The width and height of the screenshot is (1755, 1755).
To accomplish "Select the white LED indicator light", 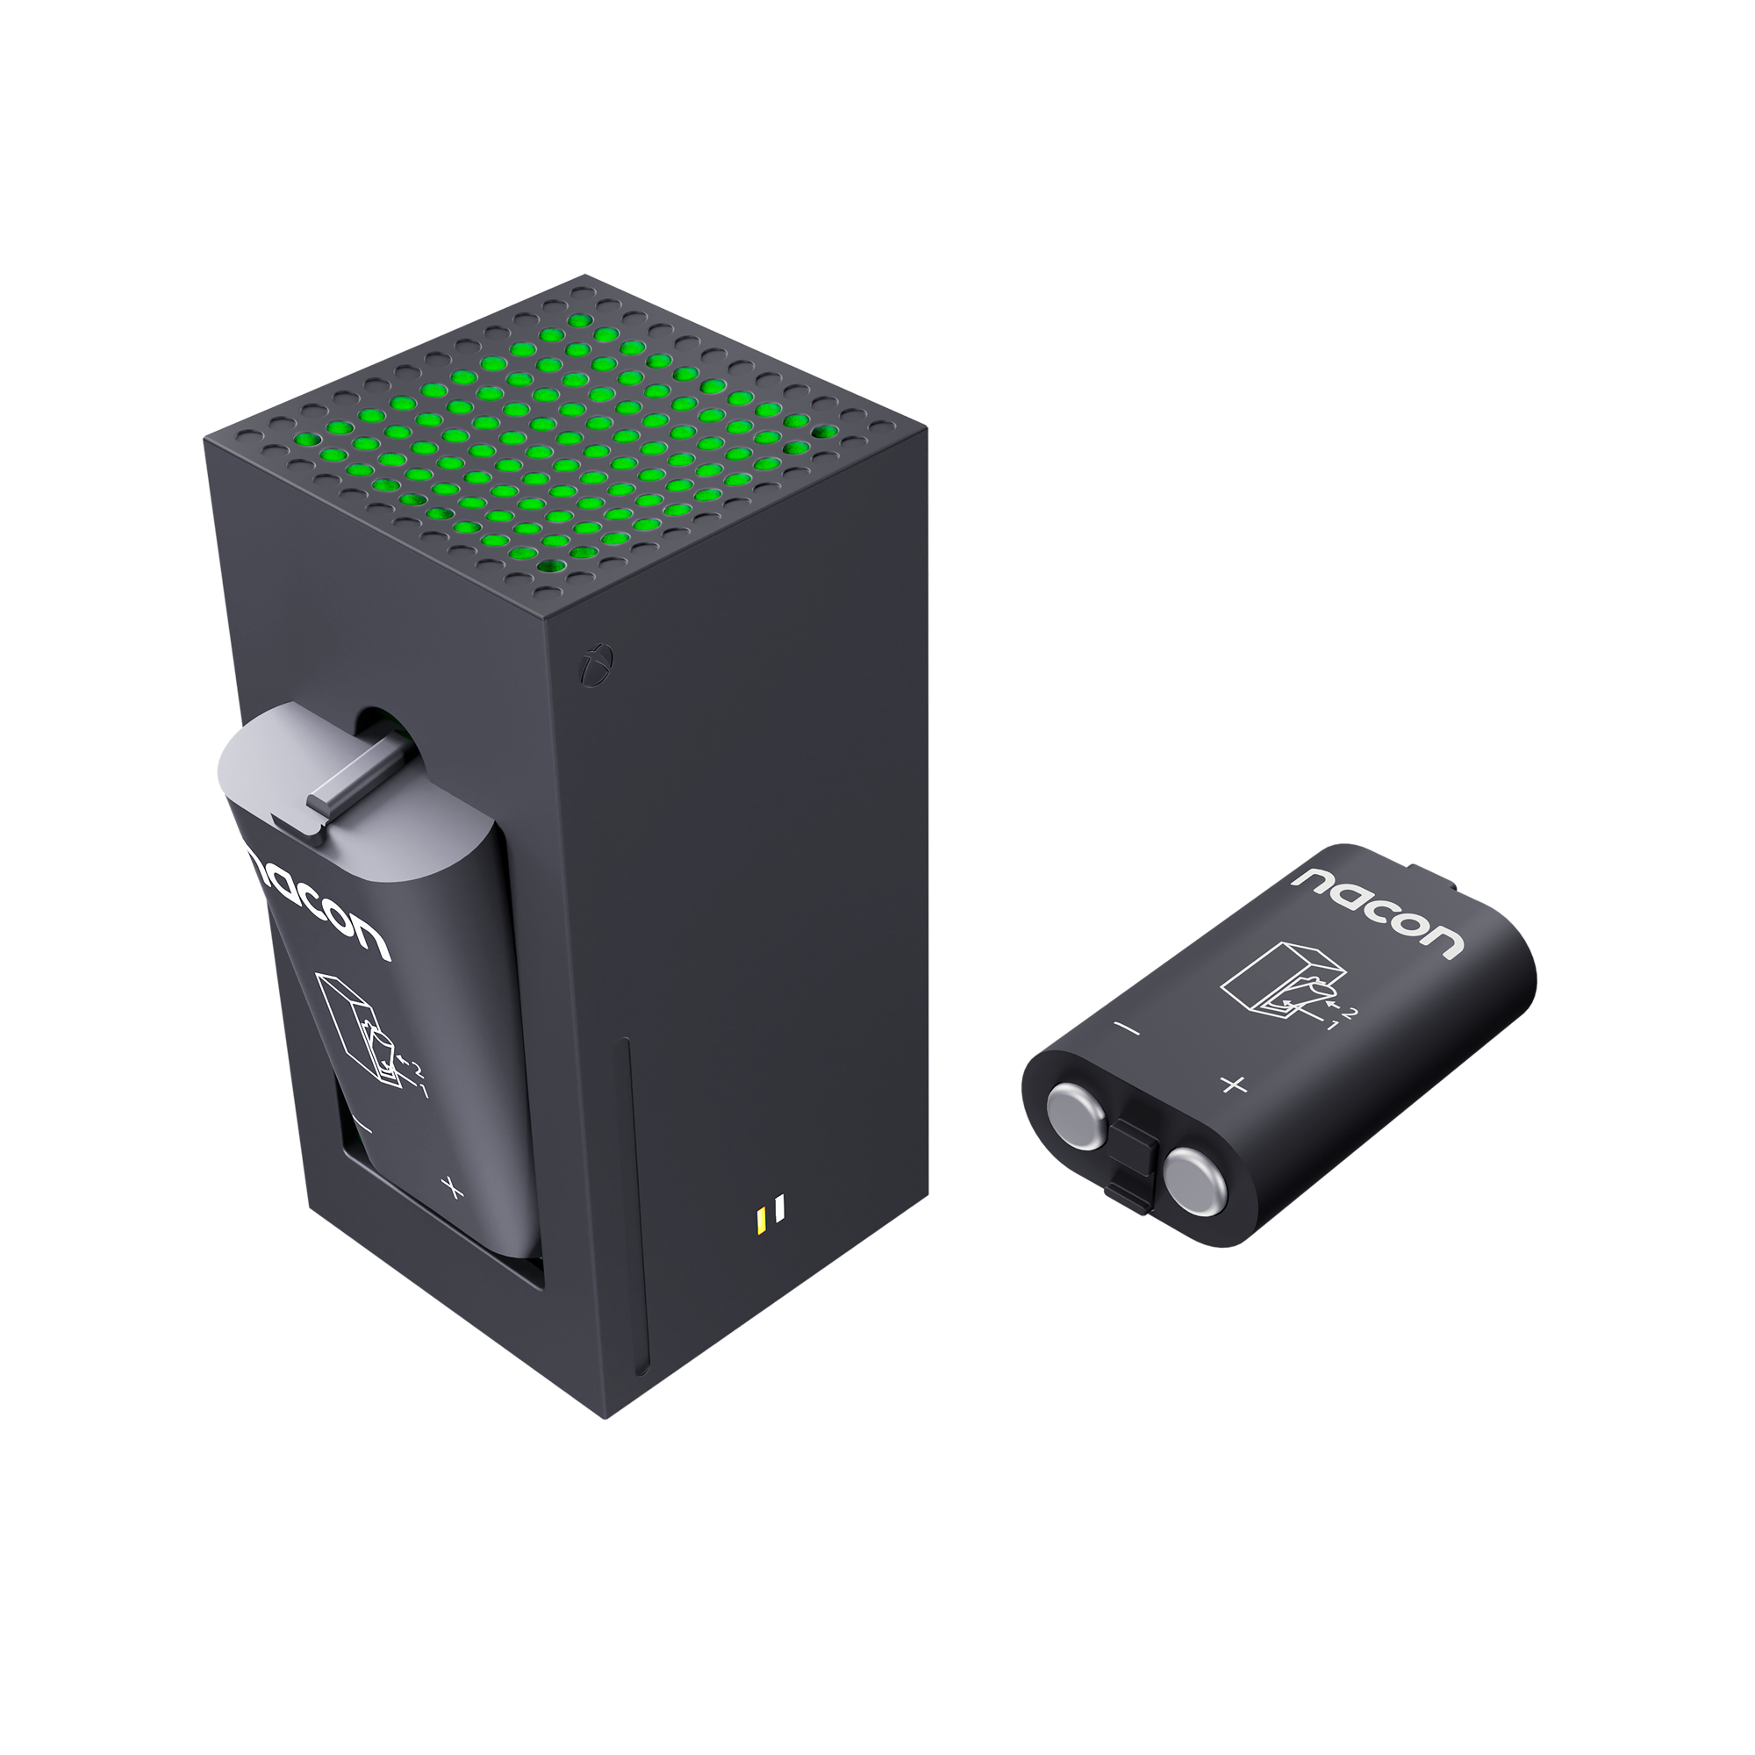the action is coord(779,1209).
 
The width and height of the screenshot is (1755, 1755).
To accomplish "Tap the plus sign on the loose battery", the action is coord(1233,1084).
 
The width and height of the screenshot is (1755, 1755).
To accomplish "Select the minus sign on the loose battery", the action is coord(1128,1029).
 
